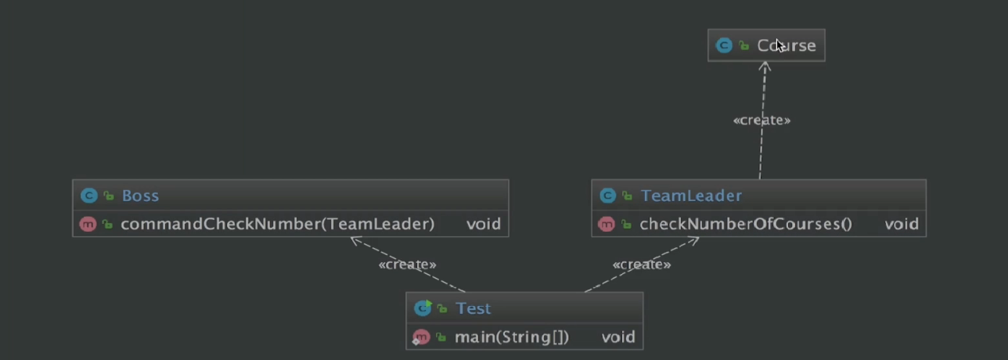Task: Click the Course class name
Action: [x=786, y=45]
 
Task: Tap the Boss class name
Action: [x=140, y=196]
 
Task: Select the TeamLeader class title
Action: [x=690, y=196]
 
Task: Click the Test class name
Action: [x=473, y=308]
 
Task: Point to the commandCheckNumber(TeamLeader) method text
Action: [x=277, y=224]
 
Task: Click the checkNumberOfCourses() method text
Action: [x=745, y=225]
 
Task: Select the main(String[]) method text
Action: [x=511, y=337]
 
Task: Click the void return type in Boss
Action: [x=483, y=224]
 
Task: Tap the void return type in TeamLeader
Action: [x=901, y=225]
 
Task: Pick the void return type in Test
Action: [x=617, y=337]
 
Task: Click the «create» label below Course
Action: [x=761, y=121]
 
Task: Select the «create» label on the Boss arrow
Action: [x=407, y=265]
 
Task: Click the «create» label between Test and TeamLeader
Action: [x=641, y=265]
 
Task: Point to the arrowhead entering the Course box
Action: [x=765, y=66]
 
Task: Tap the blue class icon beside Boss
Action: [x=88, y=196]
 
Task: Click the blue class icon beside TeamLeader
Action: [x=607, y=196]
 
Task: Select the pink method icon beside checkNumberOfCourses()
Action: [x=606, y=225]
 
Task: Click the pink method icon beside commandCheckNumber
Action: [x=87, y=224]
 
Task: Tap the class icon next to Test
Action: [x=423, y=308]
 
